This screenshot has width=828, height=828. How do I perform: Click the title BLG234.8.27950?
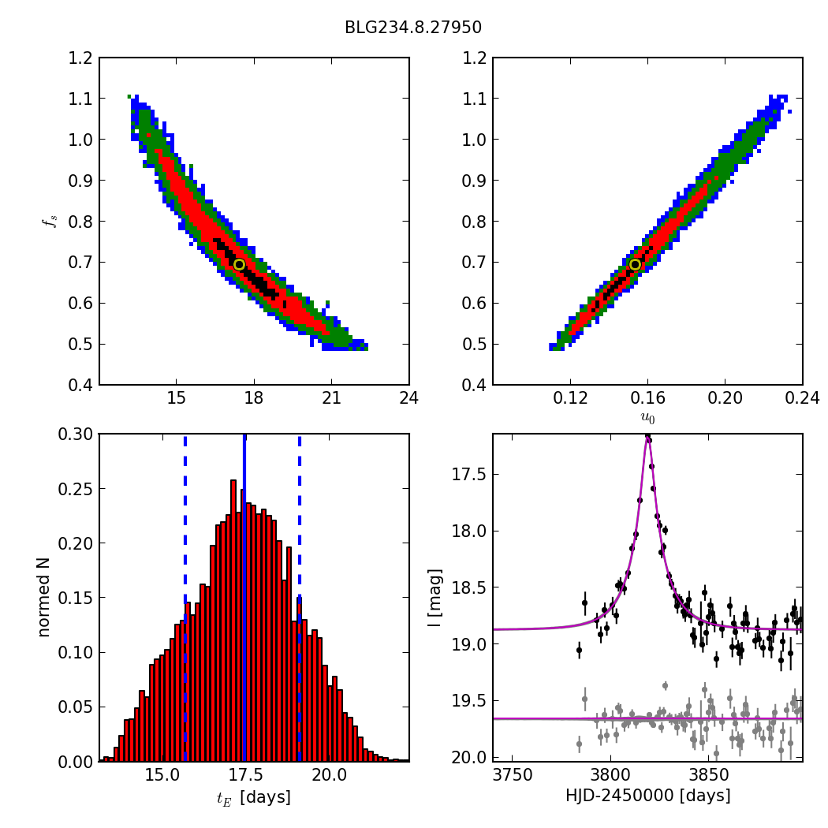point(413,28)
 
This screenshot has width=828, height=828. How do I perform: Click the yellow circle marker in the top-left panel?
point(239,264)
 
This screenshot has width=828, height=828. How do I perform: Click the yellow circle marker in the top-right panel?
point(635,264)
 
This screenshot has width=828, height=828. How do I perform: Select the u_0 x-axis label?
point(647,418)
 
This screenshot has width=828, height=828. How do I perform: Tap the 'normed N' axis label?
point(44,597)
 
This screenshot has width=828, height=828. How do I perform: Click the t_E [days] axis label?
point(254,797)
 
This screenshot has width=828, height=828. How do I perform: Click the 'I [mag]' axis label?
point(435,598)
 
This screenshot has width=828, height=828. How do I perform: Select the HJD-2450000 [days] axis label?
point(647,796)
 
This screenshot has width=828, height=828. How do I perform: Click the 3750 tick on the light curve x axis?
point(513,775)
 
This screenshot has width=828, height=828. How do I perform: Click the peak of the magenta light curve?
point(647,438)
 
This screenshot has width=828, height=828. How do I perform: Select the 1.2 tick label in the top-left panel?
point(80,58)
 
